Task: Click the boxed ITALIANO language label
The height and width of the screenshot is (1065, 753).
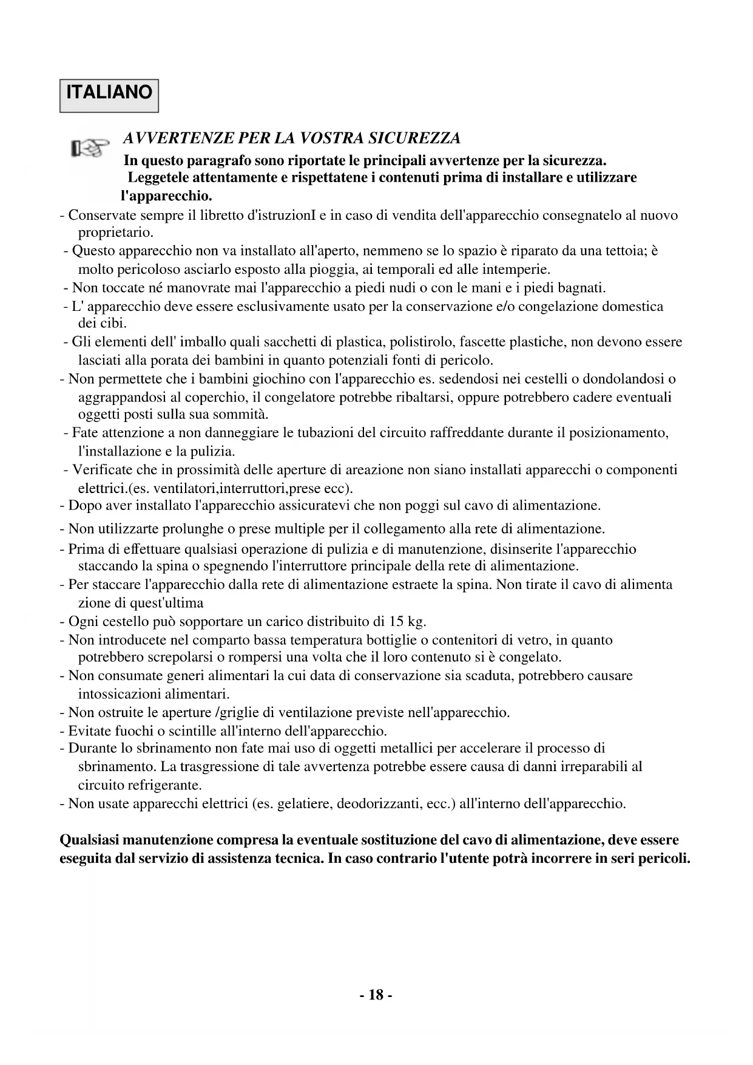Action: [x=109, y=94]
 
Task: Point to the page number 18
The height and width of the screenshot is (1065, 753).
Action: [x=376, y=995]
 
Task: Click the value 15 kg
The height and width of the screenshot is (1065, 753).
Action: [x=408, y=622]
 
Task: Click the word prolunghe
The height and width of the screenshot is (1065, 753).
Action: [x=200, y=529]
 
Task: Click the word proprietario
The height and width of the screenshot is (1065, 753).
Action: [x=116, y=233]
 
